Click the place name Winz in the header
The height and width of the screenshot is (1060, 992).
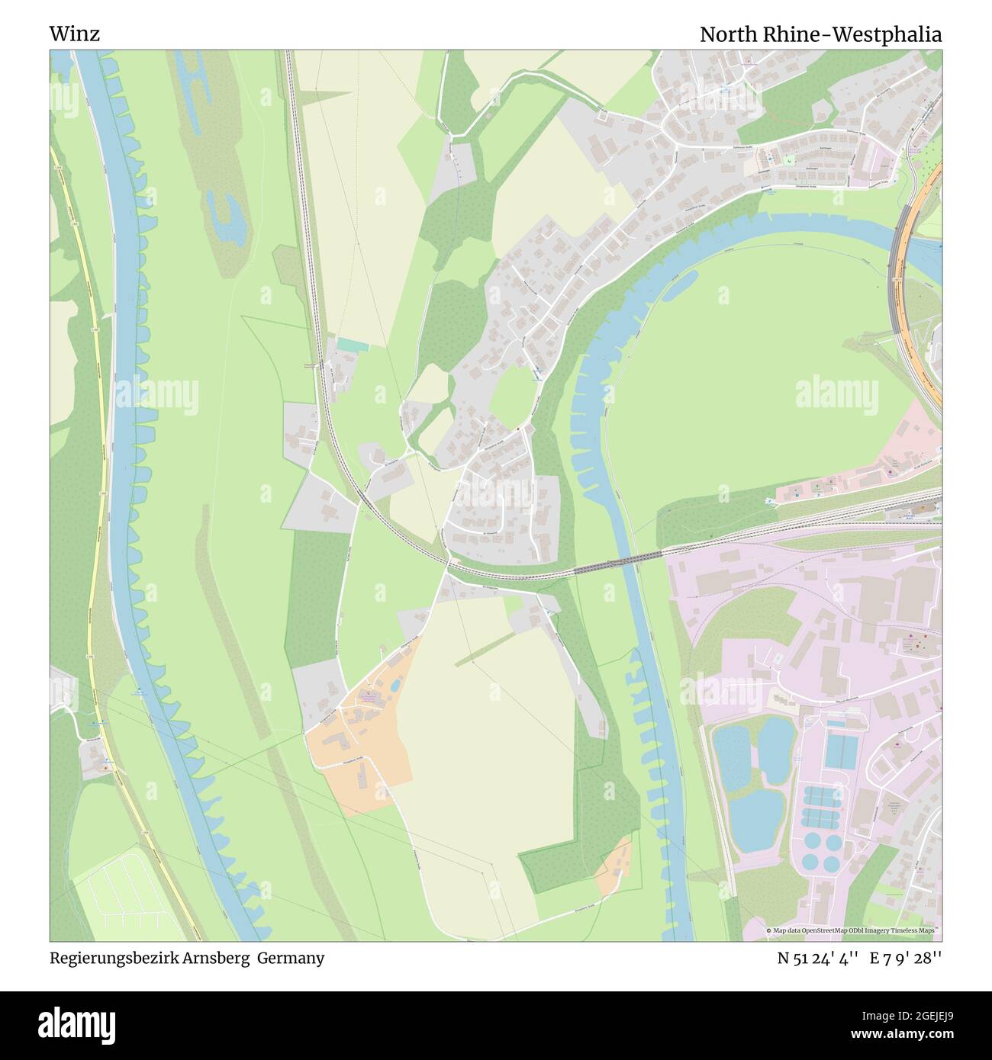pos(74,34)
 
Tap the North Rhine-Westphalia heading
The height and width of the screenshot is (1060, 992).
pos(820,34)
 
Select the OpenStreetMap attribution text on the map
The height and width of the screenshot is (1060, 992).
pos(852,930)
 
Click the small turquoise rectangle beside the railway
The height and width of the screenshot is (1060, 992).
pos(353,345)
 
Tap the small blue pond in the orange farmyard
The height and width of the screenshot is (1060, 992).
pos(394,685)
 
